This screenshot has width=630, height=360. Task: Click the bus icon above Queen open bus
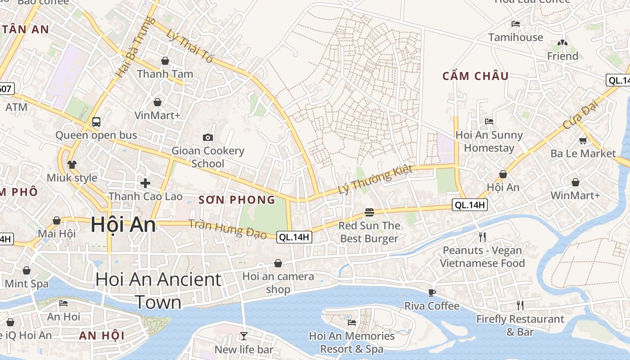coord(96,121)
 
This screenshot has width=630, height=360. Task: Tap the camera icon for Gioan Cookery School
coord(207,137)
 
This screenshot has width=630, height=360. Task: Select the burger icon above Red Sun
coord(369,212)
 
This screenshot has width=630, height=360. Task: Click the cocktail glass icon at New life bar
coord(243,336)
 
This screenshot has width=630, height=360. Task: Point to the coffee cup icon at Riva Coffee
coord(432,292)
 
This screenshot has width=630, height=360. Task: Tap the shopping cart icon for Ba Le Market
coord(583,140)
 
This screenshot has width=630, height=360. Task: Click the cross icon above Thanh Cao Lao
coord(145,183)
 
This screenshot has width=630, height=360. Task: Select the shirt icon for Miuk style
coord(72,164)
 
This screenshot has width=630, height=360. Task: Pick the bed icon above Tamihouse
coord(516,23)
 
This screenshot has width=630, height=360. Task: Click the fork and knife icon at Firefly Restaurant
coord(520,306)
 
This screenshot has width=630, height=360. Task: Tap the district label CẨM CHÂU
coord(475,76)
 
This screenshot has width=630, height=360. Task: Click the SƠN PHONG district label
coord(237,200)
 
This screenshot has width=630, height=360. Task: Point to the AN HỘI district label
coord(102,335)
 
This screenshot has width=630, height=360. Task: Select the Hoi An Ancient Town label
coord(158,291)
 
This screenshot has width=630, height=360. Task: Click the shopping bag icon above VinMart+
coord(157,102)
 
